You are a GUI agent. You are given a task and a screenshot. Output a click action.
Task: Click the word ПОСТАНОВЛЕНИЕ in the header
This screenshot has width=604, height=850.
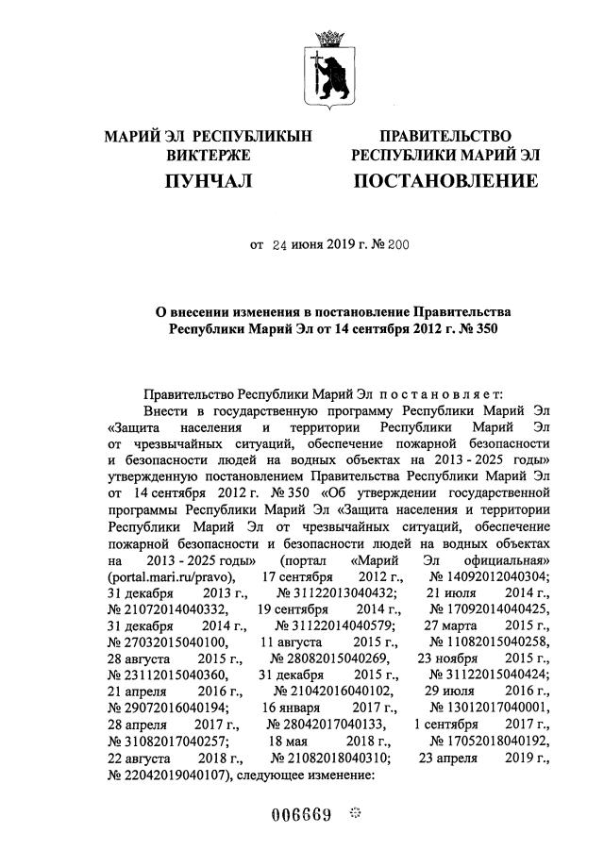(445, 180)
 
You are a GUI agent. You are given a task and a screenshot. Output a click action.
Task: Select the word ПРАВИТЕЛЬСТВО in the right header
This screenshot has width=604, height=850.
(445, 137)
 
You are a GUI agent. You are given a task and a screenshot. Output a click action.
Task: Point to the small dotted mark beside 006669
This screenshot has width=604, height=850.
(356, 813)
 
